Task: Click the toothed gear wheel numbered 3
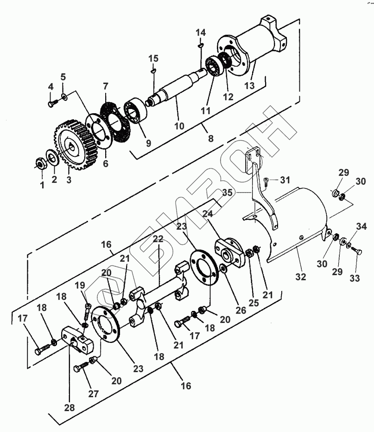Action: pyautogui.click(x=74, y=145)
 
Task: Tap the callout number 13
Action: pyautogui.click(x=249, y=86)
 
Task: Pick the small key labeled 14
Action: pyautogui.click(x=201, y=45)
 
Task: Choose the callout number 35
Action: pyautogui.click(x=227, y=193)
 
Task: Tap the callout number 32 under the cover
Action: pyautogui.click(x=300, y=277)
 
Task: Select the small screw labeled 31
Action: pyautogui.click(x=266, y=182)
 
